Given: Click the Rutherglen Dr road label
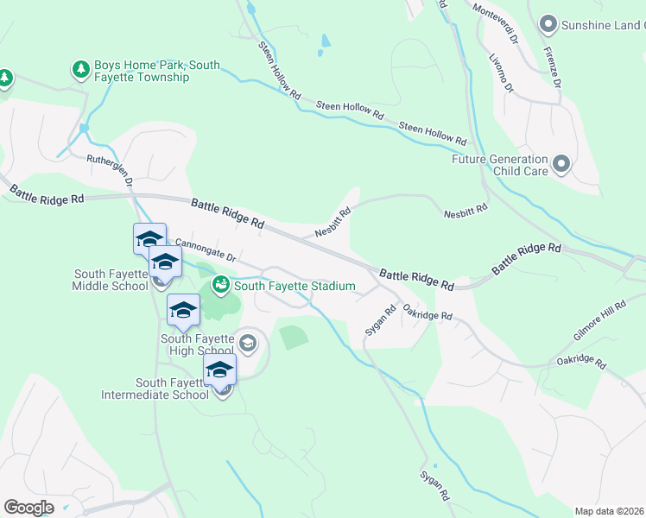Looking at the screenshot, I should click(110, 171).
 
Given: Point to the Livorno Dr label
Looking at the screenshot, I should click(501, 75).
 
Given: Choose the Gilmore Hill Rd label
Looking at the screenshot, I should click(599, 320).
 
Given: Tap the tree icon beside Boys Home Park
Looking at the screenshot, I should click(81, 68).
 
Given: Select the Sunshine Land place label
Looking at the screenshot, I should click(603, 25).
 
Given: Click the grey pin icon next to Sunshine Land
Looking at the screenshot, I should click(547, 23).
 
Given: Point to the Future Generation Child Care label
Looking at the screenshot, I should click(500, 165).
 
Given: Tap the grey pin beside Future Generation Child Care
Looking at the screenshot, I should click(563, 163).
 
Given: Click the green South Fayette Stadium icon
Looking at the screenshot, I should click(220, 284).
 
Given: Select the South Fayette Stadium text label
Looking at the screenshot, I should click(294, 286).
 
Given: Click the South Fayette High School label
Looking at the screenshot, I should click(197, 344).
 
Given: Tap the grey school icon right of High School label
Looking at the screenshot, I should click(248, 344).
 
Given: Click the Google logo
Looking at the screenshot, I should click(29, 508).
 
